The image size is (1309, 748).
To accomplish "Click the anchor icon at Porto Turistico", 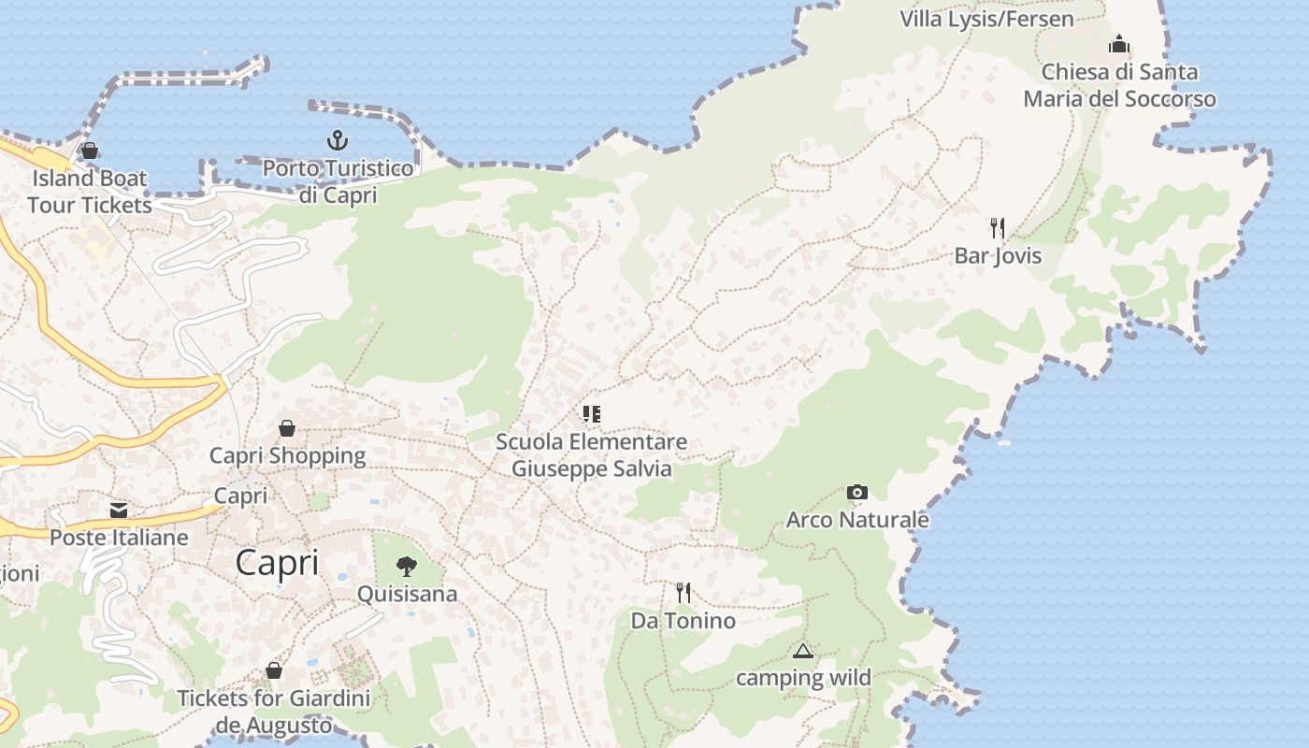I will (x=337, y=141).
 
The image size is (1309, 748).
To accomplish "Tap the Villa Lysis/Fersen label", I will (x=986, y=19).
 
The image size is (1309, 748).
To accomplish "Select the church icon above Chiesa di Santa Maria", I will (x=1119, y=44).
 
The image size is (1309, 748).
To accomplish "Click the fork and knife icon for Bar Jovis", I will (x=998, y=227).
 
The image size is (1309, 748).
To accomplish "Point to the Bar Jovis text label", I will (x=998, y=255).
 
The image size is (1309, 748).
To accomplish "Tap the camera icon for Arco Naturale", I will (x=856, y=492).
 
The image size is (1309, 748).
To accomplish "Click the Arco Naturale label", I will (x=857, y=519).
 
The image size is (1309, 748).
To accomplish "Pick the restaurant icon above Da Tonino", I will (x=683, y=592).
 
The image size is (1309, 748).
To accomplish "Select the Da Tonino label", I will (x=683, y=620).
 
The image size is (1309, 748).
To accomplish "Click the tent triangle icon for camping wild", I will (x=802, y=651).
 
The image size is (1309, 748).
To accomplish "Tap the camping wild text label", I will (x=803, y=677).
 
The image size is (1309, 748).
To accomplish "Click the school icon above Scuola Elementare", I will (x=591, y=413).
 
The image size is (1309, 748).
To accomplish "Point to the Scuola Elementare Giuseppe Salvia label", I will (x=591, y=454).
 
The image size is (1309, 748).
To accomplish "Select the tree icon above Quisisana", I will (x=407, y=566).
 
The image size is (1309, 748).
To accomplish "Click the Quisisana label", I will (x=408, y=594).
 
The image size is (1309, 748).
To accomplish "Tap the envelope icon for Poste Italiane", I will (x=119, y=511).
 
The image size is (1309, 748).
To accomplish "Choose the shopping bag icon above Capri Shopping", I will (x=287, y=428).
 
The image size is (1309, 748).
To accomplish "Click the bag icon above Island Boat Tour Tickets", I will (x=90, y=150).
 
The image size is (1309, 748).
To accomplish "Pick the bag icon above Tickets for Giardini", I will (x=274, y=670).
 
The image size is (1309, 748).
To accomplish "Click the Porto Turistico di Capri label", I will (x=338, y=181).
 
